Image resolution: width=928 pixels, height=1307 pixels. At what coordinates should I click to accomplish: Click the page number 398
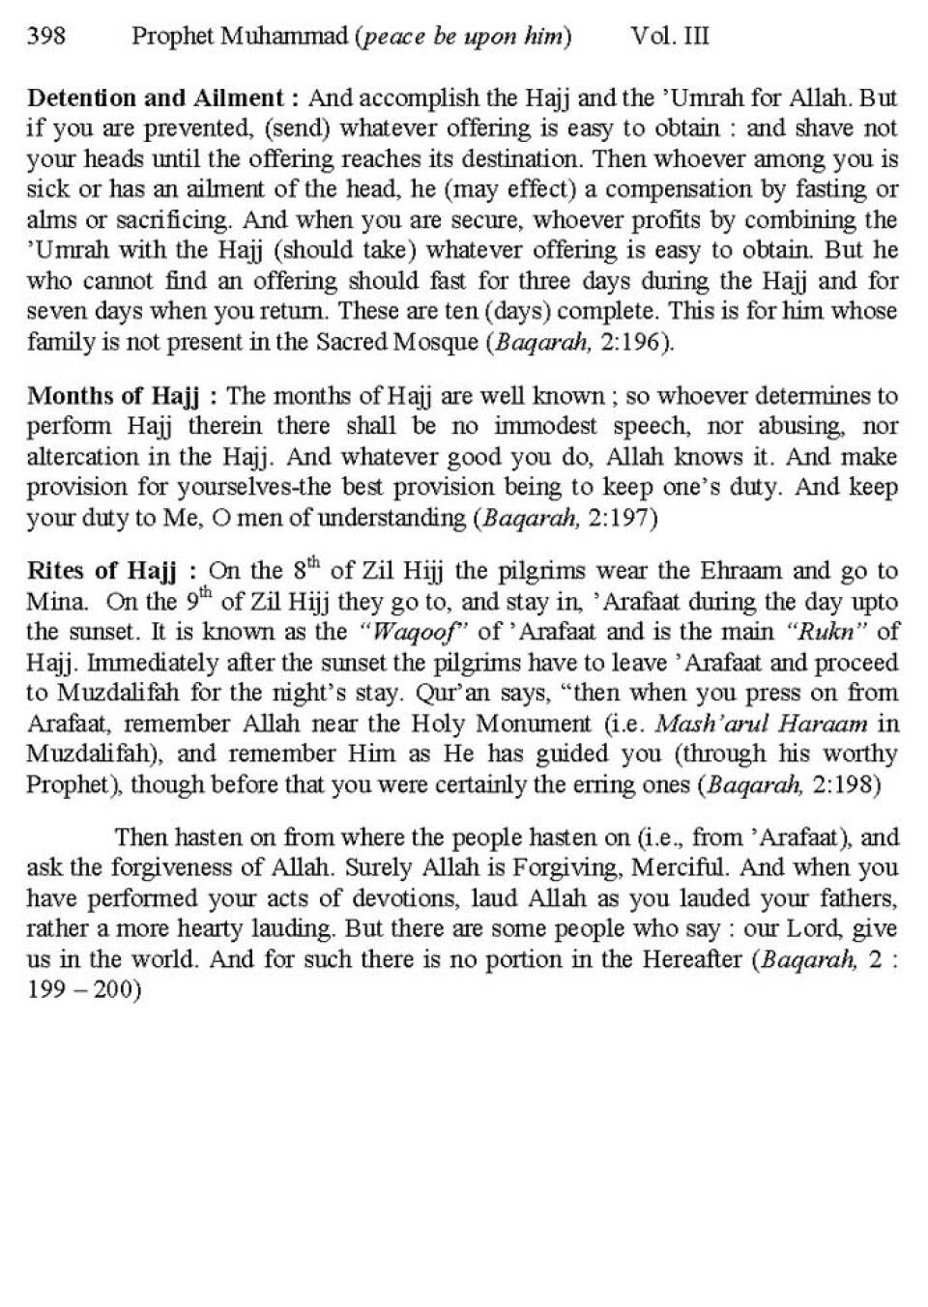[46, 37]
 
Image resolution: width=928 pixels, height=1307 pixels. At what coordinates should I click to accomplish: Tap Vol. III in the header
[669, 37]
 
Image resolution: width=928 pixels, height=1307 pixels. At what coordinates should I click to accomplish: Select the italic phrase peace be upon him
[463, 38]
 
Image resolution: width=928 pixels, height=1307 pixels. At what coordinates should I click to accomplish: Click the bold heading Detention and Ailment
[156, 99]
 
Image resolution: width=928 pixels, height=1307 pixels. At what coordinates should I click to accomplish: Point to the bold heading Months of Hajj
[113, 396]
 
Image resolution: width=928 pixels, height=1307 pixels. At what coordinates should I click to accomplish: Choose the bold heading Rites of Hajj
[101, 572]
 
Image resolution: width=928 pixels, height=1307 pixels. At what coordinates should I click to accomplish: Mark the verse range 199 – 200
[83, 990]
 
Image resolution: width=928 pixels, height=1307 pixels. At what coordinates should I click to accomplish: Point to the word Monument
[526, 724]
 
